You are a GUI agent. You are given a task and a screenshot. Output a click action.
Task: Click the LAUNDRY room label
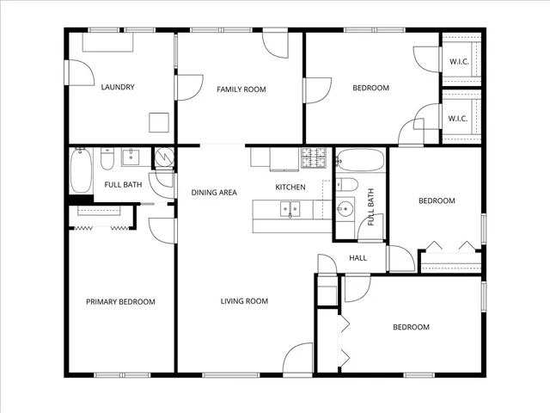(x=117, y=87)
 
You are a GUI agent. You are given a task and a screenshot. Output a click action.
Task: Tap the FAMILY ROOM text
(x=241, y=89)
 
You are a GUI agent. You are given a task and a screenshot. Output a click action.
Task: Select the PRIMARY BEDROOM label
(x=120, y=302)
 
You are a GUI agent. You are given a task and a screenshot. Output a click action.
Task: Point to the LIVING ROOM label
(x=244, y=301)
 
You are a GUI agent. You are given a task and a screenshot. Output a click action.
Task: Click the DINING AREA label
(x=214, y=193)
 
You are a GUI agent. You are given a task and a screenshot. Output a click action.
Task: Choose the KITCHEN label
(x=290, y=188)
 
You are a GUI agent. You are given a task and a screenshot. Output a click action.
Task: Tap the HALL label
(x=357, y=257)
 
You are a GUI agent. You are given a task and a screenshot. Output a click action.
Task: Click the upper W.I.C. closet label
(x=458, y=61)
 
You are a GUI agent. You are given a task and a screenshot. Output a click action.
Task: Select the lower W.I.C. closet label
(x=458, y=119)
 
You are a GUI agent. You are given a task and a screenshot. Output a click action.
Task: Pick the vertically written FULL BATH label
(x=371, y=206)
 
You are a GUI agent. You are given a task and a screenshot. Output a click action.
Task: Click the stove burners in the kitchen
(x=313, y=157)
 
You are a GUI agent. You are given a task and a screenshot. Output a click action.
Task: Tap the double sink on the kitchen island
(x=290, y=208)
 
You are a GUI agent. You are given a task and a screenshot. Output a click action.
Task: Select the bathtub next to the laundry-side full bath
(x=80, y=170)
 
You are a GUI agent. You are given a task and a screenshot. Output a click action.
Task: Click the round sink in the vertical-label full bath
(x=345, y=207)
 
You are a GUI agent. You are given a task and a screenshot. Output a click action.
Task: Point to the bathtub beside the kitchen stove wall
(x=360, y=160)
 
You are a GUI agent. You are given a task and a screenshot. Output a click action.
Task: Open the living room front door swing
(x=297, y=360)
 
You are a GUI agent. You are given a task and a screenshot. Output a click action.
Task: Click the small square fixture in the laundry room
(x=159, y=122)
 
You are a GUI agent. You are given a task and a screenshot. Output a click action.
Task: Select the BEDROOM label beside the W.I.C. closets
(x=371, y=88)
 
